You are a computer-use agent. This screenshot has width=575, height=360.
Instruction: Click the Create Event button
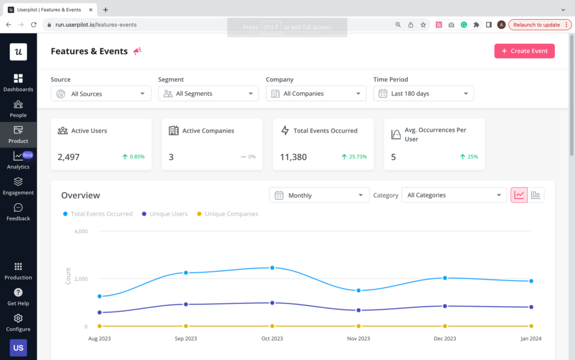pos(524,51)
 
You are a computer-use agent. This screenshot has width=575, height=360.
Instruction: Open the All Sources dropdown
pos(101,94)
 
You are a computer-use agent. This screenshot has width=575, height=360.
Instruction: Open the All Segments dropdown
pos(208,94)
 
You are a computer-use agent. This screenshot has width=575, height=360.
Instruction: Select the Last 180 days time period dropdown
pos(423,94)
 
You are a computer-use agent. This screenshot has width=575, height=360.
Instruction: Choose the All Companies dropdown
pos(316,94)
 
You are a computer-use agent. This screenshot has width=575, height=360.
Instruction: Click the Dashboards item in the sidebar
pos(18,83)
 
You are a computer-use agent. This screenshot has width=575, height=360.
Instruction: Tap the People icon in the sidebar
pos(18,104)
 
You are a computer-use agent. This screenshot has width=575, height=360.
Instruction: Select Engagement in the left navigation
pos(18,186)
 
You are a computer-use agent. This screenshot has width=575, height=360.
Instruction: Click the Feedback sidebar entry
pos(18,212)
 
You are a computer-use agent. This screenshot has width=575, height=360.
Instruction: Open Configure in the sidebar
pos(18,322)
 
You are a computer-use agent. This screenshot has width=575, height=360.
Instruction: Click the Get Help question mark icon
pos(18,293)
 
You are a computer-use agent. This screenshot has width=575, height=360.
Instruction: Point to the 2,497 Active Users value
pos(69,157)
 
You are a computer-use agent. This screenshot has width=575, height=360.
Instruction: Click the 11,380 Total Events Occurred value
pos(293,157)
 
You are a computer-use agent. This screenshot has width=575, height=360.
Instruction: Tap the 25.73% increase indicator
pos(354,157)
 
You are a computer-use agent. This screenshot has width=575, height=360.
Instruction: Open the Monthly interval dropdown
pos(319,195)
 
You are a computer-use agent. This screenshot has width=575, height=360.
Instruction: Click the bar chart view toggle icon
pos(536,195)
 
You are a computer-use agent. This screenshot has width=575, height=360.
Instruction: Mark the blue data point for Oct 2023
pos(272,268)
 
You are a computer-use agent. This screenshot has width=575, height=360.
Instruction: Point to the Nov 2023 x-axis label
pos(358,339)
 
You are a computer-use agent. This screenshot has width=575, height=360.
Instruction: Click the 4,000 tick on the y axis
pos(80,231)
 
